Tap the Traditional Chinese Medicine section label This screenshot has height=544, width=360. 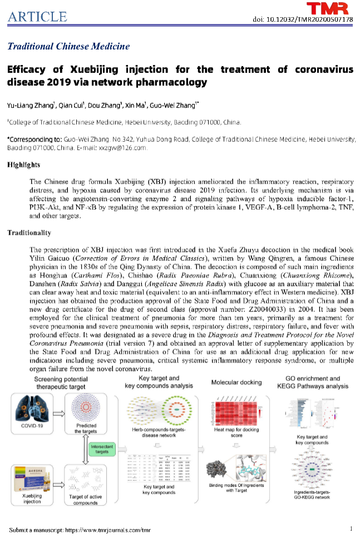coord(68,46)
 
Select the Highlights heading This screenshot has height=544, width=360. coord(23,165)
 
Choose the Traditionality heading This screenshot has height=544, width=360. coord(28,233)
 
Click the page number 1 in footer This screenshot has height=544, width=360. coord(351,528)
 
